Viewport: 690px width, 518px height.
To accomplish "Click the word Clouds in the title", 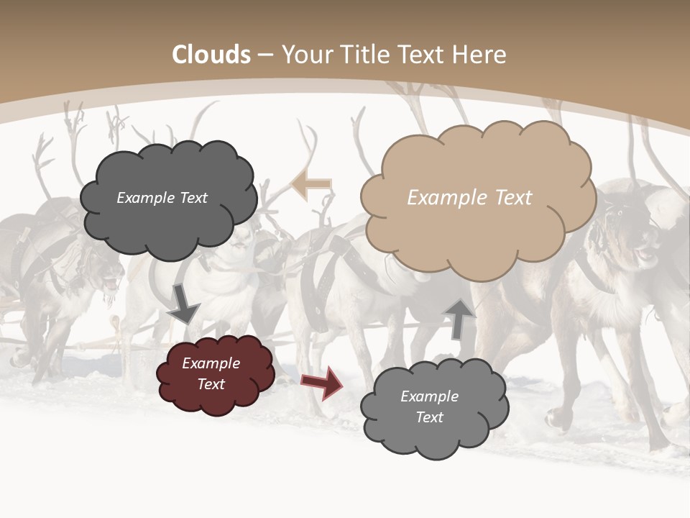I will click(x=211, y=55).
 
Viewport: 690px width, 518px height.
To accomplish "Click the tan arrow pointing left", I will click(x=311, y=185).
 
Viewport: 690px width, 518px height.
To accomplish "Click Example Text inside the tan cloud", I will click(x=469, y=198).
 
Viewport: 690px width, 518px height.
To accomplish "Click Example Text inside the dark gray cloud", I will click(x=162, y=198).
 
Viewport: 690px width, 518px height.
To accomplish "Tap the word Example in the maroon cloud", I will click(x=211, y=363).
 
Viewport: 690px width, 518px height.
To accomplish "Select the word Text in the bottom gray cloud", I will click(x=429, y=417).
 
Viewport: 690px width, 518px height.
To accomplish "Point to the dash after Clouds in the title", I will click(x=265, y=55).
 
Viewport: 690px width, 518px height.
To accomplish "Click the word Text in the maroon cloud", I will click(x=211, y=384).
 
